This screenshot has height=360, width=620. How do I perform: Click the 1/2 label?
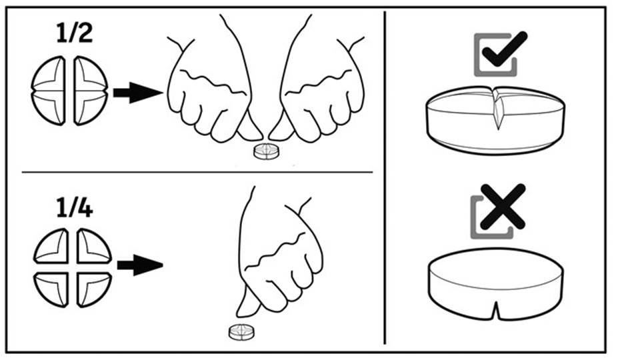click(75, 33)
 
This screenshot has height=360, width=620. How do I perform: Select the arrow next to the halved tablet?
click(138, 93)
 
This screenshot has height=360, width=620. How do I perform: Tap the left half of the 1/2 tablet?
click(48, 91)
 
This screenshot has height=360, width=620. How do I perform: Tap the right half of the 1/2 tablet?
click(91, 91)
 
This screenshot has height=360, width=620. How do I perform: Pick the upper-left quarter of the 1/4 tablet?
click(51, 246)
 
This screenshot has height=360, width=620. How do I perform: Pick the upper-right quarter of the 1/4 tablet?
click(94, 246)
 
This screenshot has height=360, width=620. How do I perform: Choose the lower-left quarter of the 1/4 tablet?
click(51, 289)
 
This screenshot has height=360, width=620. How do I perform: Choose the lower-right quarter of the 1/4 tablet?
click(94, 289)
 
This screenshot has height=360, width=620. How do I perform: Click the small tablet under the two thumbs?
click(266, 151)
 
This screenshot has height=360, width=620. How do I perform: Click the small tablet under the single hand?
click(241, 332)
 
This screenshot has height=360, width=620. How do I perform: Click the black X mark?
click(503, 207)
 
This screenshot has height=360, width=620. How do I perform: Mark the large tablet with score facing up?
click(495, 120)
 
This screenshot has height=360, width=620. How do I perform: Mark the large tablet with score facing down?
click(496, 283)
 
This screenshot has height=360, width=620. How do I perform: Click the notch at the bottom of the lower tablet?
click(496, 310)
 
